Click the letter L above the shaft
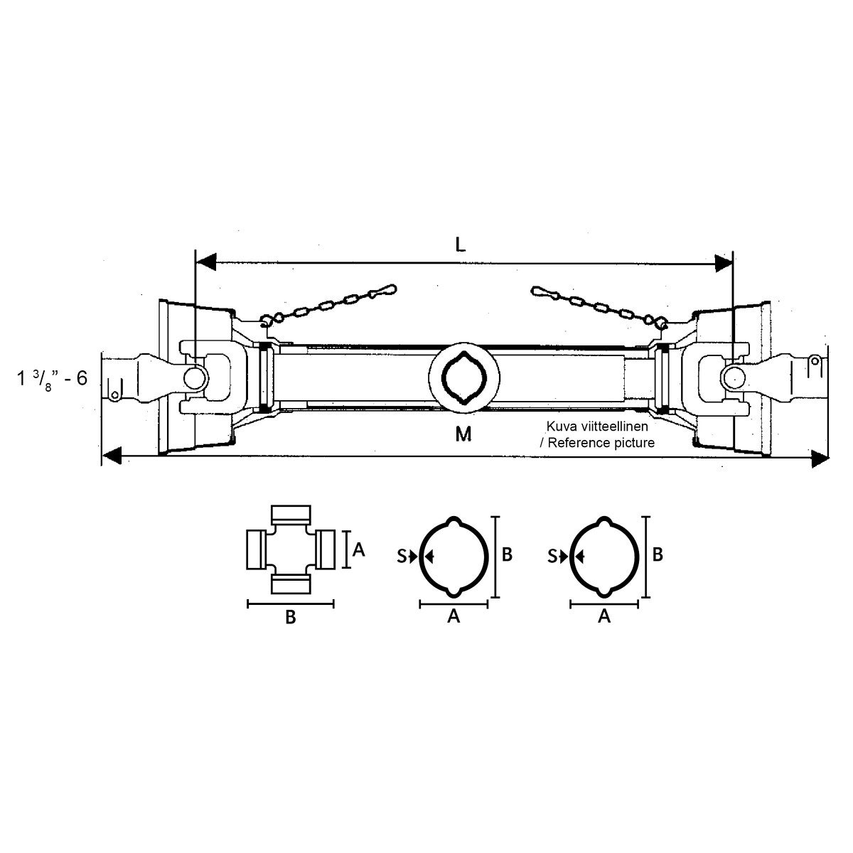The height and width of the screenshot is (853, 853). pyautogui.click(x=461, y=245)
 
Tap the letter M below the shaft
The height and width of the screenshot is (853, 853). pyautogui.click(x=463, y=434)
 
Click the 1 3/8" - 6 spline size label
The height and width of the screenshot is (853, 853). pyautogui.click(x=52, y=379)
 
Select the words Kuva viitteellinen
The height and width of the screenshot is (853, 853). pyautogui.click(x=597, y=426)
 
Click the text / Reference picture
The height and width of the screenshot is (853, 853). pyautogui.click(x=597, y=443)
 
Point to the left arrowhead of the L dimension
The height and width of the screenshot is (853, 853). pyautogui.click(x=205, y=262)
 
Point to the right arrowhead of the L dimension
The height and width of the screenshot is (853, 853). pyautogui.click(x=724, y=263)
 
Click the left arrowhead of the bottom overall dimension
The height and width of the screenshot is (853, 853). pyautogui.click(x=112, y=456)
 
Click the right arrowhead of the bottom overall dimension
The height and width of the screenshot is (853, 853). pyautogui.click(x=820, y=458)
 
